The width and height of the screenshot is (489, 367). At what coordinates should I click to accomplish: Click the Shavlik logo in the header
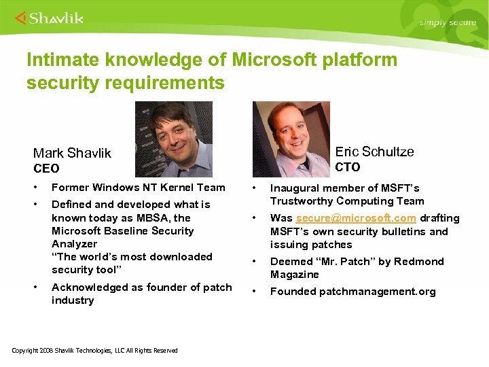tap(49, 18)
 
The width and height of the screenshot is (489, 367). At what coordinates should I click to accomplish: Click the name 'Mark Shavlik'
tap(72, 154)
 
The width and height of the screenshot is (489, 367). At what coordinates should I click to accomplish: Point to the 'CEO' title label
tap(46, 169)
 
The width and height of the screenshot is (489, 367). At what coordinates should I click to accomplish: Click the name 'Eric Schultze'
tap(374, 152)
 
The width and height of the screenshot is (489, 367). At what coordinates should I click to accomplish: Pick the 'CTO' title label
tap(348, 167)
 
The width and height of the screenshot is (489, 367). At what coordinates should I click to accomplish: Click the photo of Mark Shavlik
tap(173, 139)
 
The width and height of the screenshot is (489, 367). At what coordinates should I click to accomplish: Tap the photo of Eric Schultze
tap(291, 139)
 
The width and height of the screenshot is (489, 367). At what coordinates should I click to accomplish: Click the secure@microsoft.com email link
tap(356, 218)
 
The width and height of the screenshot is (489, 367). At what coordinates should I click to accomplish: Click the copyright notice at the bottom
tap(95, 351)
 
